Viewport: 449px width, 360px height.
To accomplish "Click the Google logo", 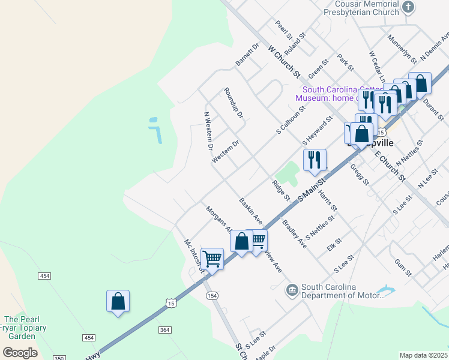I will [20, 353].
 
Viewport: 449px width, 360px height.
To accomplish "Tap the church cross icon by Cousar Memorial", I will [408, 8].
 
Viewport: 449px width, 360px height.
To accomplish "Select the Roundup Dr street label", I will [233, 103].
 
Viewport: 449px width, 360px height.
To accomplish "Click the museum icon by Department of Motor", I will [292, 290].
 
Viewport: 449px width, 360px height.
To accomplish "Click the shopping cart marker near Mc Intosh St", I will [212, 259].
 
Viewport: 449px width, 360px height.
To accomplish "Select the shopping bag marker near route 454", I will [118, 301].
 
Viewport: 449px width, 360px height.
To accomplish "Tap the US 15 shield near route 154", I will [172, 304].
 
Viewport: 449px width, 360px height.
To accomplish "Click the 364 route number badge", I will [165, 330].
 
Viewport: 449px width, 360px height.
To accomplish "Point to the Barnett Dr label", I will [247, 54].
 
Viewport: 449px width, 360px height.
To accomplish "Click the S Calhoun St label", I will [291, 119].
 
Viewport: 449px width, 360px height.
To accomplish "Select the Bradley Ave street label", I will [294, 235].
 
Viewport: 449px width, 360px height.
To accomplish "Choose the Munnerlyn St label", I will [402, 49].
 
